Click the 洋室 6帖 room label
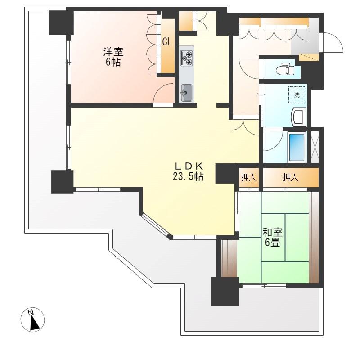point(113,57)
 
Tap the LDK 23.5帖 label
point(188,171)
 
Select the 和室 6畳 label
point(273,238)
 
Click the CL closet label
point(167,42)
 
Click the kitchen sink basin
point(186,93)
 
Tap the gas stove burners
point(187,58)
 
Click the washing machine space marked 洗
point(297,95)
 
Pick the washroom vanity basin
point(298,117)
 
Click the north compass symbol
point(32,319)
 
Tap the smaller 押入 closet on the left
point(249,177)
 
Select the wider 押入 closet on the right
point(291,177)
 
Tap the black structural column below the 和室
point(225,291)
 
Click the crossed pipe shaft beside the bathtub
point(315,147)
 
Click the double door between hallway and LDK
point(246,126)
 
